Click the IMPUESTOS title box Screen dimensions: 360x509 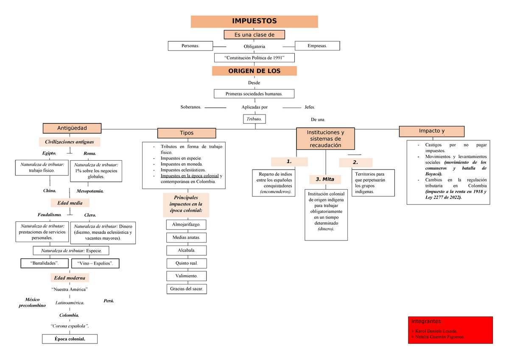pyautogui.click(x=254, y=21)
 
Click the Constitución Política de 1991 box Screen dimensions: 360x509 pyautogui.click(x=254, y=58)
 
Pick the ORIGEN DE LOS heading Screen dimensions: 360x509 pyautogui.click(x=254, y=71)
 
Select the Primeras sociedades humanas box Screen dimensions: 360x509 pyautogui.click(x=254, y=94)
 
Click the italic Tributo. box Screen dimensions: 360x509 pyautogui.click(x=255, y=119)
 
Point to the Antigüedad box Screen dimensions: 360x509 pyautogui.click(x=72, y=128)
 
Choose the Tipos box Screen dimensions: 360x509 pyautogui.click(x=187, y=133)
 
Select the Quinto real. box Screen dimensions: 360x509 pyautogui.click(x=187, y=263)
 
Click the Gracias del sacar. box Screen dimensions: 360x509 pyautogui.click(x=187, y=289)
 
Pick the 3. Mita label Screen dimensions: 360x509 pyautogui.click(x=325, y=179)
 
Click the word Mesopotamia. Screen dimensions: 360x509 pyautogui.click(x=90, y=191)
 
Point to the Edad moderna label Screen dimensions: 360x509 pyautogui.click(x=70, y=278)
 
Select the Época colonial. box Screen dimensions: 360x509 pyautogui.click(x=70, y=339)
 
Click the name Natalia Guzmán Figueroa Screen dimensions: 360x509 pyautogui.click(x=438, y=337)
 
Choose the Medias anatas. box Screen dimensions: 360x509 pyautogui.click(x=187, y=237)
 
